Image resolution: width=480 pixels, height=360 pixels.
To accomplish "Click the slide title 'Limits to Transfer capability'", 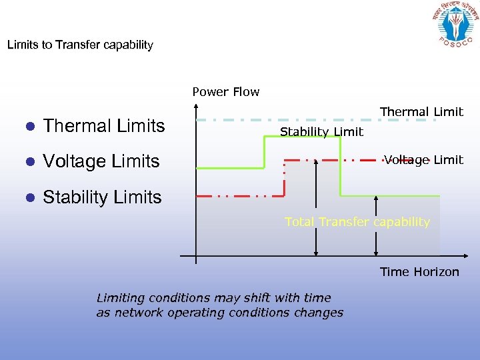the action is point(80,45).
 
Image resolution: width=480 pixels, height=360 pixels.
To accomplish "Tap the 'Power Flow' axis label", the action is point(226,92).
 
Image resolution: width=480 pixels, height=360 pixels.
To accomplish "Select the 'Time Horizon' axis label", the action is point(419,271).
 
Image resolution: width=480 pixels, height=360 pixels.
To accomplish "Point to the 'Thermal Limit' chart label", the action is point(421,112).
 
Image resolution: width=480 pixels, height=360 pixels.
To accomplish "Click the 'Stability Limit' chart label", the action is point(321,132).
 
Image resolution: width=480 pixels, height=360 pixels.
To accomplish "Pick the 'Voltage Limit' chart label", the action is point(424,160).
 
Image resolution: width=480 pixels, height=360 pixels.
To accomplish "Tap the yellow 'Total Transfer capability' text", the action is point(357,222).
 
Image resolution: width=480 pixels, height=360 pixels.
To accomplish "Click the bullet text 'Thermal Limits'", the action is point(104,125).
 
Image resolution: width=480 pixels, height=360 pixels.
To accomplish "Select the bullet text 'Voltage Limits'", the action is point(101,161).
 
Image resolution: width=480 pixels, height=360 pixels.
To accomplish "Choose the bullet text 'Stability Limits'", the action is point(102,197).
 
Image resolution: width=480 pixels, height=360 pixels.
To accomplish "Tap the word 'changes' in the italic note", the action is point(321,313).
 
